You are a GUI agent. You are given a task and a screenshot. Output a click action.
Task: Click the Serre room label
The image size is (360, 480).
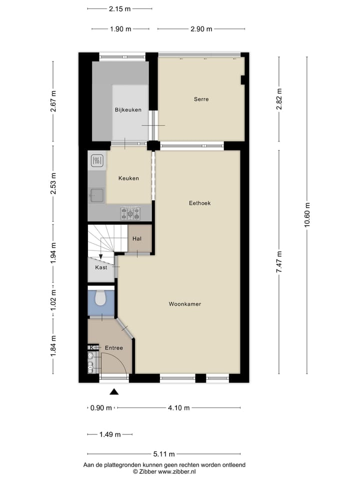point(201,99)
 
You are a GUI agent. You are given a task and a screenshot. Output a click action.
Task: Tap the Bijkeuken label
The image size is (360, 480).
point(128,110)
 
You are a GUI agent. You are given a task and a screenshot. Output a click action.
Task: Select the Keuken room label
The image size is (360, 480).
point(128,178)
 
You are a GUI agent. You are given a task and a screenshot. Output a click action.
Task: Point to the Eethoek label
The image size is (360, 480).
point(199,203)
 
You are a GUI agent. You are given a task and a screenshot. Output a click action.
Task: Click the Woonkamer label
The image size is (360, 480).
point(184,304)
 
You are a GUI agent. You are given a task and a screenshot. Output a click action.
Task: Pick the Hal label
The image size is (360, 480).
point(136,239)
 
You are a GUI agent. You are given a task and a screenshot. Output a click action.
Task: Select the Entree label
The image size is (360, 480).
point(113,348)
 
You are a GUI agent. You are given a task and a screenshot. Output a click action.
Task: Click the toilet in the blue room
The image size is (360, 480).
point(100,298)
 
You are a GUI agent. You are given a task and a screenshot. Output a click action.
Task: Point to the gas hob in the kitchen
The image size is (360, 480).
point(130,213)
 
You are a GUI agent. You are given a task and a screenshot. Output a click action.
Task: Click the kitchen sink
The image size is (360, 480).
point(96,195)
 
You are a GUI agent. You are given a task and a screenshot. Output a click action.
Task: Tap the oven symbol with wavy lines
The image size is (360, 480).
point(97,160)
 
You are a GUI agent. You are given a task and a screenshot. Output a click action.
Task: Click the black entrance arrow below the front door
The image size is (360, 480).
point(114,392)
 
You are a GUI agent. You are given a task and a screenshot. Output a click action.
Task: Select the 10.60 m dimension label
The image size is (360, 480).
point(307,215)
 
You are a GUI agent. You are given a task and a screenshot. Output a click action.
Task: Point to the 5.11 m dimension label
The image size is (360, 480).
point(164,454)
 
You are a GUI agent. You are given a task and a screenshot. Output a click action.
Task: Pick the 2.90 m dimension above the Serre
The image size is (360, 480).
point(201,29)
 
